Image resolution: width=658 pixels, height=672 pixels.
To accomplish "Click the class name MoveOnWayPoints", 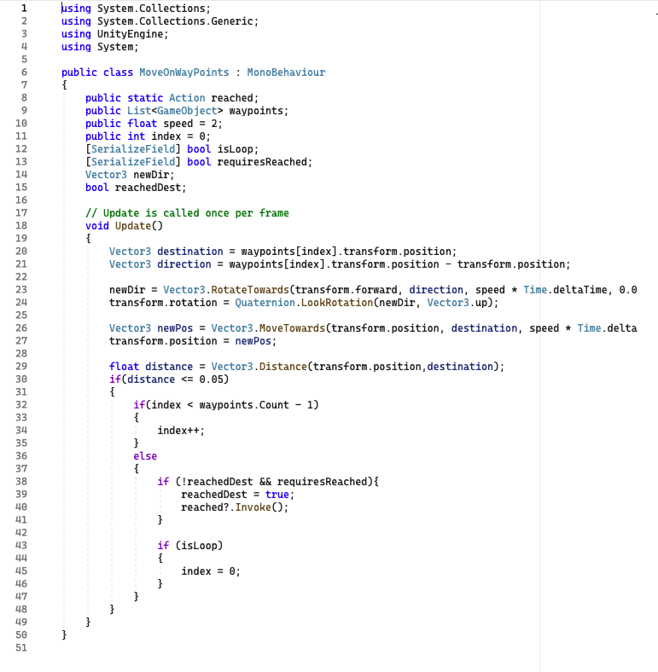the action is tap(184, 72).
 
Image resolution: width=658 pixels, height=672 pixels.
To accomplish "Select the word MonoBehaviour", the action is tap(286, 72).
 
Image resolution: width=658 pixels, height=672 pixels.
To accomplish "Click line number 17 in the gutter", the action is tap(21, 213).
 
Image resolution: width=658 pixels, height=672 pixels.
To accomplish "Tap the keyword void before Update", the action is tap(97, 226).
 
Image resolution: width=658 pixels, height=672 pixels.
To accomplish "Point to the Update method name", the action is tap(133, 226).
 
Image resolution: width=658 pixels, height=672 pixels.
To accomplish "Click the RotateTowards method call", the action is tap(250, 290).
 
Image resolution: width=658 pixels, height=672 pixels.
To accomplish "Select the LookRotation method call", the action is tap(337, 303).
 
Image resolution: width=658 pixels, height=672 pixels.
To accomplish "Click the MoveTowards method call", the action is tap(292, 328).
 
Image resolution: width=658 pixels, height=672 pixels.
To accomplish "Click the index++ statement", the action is tap(181, 431).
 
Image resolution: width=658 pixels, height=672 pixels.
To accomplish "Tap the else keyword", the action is tap(145, 456).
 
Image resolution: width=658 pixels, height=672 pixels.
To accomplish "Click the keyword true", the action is tap(277, 495).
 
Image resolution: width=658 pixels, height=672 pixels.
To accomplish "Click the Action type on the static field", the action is tap(187, 98).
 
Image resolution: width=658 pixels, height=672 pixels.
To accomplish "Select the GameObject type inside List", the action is tap(187, 111).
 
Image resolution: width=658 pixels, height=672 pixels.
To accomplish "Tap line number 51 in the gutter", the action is tap(21, 647).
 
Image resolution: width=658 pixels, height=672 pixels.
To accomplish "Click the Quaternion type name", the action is tap(265, 303).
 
